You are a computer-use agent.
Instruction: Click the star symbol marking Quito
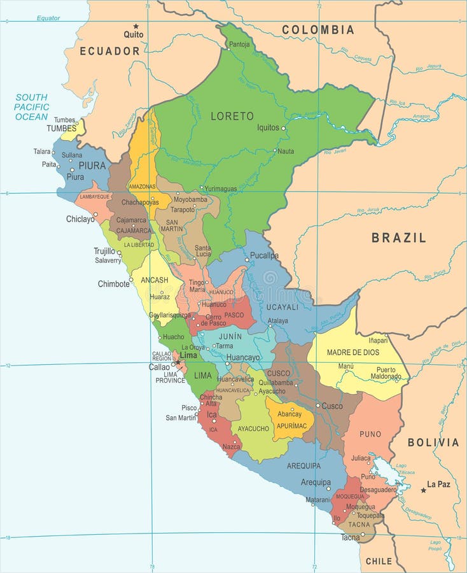click(136, 26)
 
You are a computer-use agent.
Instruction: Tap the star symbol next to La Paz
click(423, 490)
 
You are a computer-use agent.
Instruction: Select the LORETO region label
click(232, 116)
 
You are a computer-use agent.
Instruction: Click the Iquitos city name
click(268, 127)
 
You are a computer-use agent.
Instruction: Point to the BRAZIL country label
click(399, 237)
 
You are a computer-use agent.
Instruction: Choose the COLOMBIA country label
click(318, 29)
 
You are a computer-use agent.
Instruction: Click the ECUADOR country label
click(109, 51)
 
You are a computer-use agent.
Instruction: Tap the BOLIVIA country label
click(433, 442)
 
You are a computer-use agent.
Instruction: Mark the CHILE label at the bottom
click(379, 561)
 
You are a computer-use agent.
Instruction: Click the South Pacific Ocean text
click(32, 107)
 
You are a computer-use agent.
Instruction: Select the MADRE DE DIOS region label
click(353, 352)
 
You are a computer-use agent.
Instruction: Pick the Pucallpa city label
click(264, 255)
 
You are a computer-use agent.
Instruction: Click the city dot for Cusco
click(318, 405)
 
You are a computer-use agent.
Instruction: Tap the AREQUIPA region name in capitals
click(303, 465)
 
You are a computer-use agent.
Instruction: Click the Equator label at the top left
click(48, 18)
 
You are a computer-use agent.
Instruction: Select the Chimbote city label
click(113, 284)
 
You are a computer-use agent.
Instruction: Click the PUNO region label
click(370, 434)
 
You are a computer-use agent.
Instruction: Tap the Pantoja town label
click(239, 45)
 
